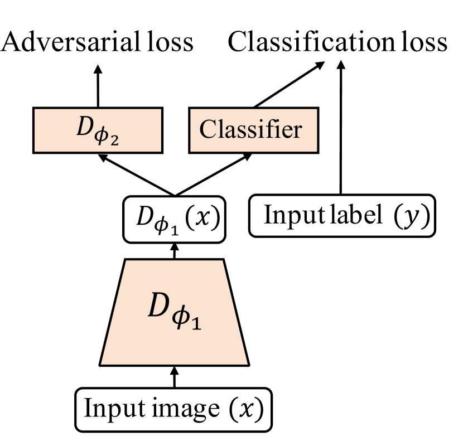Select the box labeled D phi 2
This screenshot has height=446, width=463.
coord(97,130)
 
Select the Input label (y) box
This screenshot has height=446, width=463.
coord(341,215)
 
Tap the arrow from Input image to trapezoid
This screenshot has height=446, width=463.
coord(175,377)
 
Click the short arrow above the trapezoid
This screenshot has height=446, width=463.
coord(174,250)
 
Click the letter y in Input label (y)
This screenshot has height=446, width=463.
coord(411,216)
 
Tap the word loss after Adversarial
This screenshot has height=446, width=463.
coord(171,42)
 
